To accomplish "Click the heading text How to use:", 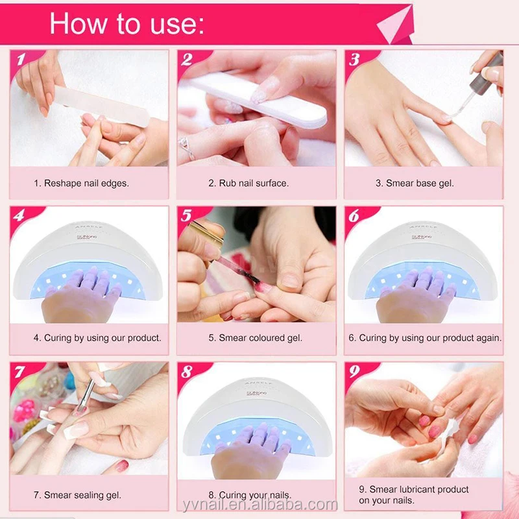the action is tap(127, 23).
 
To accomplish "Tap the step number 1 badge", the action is tap(21, 60).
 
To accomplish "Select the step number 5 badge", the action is tap(186, 215).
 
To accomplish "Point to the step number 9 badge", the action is tap(354, 371).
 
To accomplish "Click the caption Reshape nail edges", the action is tap(81, 183).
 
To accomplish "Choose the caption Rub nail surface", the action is tap(248, 183).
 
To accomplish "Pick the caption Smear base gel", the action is tap(415, 183).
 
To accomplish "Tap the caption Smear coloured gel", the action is tap(255, 337).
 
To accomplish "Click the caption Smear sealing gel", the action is tap(77, 495).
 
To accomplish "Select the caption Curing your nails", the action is tap(250, 495).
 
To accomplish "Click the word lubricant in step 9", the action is tap(419, 489).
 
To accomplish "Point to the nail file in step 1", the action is tap(102, 106).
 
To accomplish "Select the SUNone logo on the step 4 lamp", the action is tap(87, 237).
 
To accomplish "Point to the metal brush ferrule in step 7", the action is tap(88, 392).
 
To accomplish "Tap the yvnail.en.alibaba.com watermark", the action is tap(260, 505).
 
